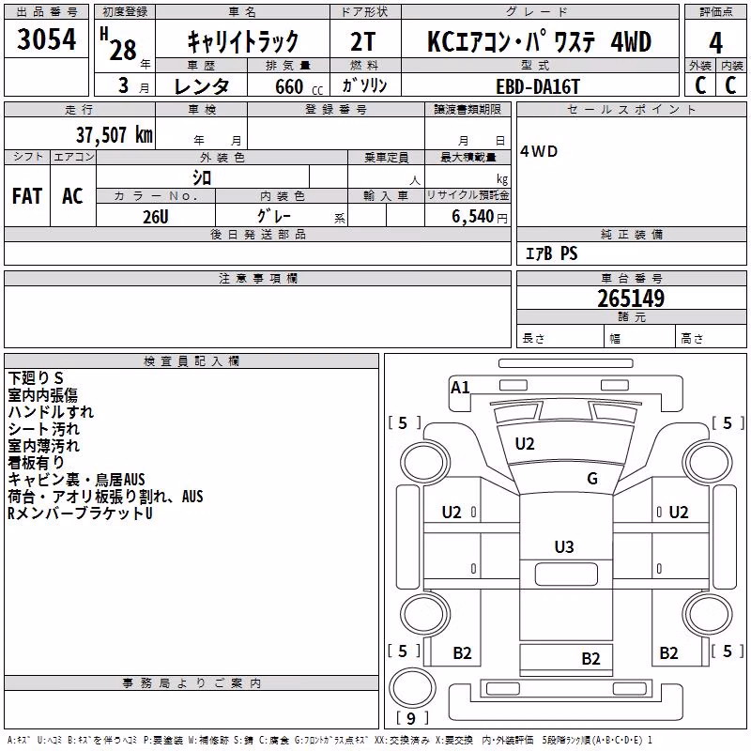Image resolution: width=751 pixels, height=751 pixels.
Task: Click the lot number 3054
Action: point(46,39)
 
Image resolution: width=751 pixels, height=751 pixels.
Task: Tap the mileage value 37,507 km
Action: point(114,135)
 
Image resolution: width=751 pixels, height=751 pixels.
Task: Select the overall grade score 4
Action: point(715,43)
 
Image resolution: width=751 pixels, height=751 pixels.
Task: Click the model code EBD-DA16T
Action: point(538,86)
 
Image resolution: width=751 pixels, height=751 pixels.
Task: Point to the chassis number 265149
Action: point(631,299)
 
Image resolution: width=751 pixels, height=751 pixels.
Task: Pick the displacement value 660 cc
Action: point(299,87)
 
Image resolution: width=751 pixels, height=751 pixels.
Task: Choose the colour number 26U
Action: point(156,217)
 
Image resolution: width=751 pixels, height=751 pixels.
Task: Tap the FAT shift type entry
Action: point(27,196)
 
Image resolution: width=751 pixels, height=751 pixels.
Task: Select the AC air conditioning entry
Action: point(72,196)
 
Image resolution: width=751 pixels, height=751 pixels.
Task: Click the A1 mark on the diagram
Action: point(460,387)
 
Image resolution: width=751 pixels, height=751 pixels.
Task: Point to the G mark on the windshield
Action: point(592,478)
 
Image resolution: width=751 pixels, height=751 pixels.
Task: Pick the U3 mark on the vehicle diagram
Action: point(564,546)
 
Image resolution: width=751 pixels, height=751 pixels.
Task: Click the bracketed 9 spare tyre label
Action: point(411,718)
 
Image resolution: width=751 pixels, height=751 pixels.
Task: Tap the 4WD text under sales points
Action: point(539,151)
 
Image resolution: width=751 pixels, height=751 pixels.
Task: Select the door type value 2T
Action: point(362,41)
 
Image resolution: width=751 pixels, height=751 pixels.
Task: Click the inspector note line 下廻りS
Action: point(36,378)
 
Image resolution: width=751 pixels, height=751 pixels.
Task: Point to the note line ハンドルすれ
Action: point(51,412)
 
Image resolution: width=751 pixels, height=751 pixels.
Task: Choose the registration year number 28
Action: point(123,50)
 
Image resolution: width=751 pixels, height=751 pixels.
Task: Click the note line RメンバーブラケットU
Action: point(80,513)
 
